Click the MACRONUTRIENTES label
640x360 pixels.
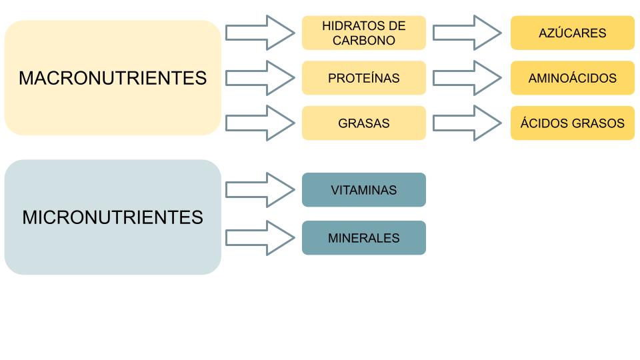pyautogui.click(x=113, y=78)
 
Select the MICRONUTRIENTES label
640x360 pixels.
pyautogui.click(x=113, y=217)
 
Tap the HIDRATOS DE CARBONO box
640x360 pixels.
pyautogui.click(x=363, y=33)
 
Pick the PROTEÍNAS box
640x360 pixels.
pyautogui.click(x=363, y=78)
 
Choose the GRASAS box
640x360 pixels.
pyautogui.click(x=363, y=123)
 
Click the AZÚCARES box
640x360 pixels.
pyautogui.click(x=572, y=33)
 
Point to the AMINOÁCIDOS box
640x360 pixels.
pyautogui.click(x=572, y=78)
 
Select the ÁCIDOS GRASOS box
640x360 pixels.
pyautogui.click(x=572, y=123)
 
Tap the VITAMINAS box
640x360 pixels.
pyautogui.click(x=363, y=190)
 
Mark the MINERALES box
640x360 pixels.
pyautogui.click(x=363, y=238)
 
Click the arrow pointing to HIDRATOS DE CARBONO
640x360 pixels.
pyautogui.click(x=260, y=33)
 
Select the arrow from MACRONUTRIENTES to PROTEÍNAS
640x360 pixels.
pyautogui.click(x=260, y=78)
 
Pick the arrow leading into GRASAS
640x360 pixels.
pyautogui.click(x=260, y=123)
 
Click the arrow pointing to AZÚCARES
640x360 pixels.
pyautogui.click(x=467, y=33)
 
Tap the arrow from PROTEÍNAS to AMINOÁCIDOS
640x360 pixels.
pyautogui.click(x=467, y=78)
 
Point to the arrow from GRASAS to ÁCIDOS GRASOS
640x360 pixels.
pyautogui.click(x=467, y=123)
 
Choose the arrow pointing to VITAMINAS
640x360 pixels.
pyautogui.click(x=260, y=190)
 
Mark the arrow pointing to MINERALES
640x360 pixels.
pyautogui.click(x=260, y=238)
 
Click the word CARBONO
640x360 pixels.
pyautogui.click(x=363, y=40)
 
